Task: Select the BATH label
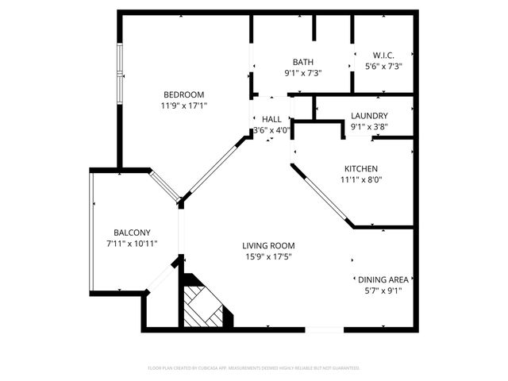[x=302, y=62]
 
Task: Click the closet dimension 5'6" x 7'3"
[x=383, y=66]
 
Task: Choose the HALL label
[x=271, y=119]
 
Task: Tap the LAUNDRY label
[x=369, y=115]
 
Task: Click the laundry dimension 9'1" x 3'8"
[x=369, y=126]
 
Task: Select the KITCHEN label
[x=360, y=168]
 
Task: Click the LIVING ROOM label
[x=268, y=245]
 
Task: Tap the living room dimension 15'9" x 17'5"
[x=268, y=256]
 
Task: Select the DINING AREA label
[x=383, y=279]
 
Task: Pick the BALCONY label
[x=132, y=232]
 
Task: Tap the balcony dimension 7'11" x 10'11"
[x=132, y=243]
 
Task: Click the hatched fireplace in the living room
[x=203, y=306]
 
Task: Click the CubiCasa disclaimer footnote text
[x=254, y=368]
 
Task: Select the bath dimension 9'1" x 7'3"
[x=302, y=73]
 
